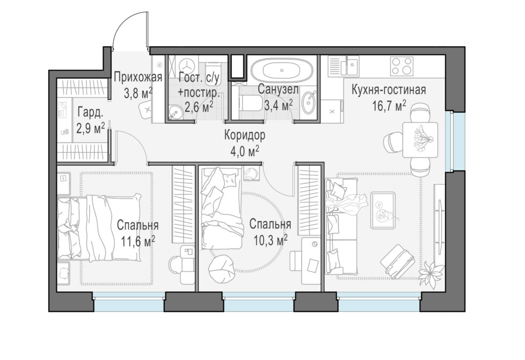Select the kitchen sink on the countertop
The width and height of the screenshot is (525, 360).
click(x=352, y=66)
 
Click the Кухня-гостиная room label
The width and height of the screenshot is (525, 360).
click(x=389, y=90)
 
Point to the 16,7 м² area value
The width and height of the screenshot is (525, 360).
click(x=389, y=106)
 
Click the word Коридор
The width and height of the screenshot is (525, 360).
click(x=245, y=135)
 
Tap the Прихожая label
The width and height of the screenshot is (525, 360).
click(x=138, y=77)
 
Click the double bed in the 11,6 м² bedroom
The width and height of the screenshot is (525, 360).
click(x=98, y=228)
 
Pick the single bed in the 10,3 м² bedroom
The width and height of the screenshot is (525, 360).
click(x=221, y=208)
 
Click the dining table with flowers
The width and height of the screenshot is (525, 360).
click(x=420, y=140)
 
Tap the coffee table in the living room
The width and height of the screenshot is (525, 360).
click(x=382, y=210)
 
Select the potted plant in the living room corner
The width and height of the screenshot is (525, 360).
click(x=432, y=270)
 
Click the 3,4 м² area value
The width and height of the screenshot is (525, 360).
click(x=279, y=105)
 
